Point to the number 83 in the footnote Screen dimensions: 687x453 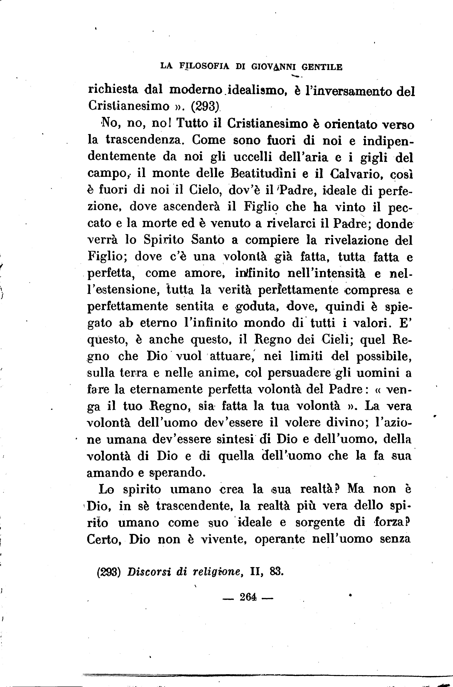coord(276,572)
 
